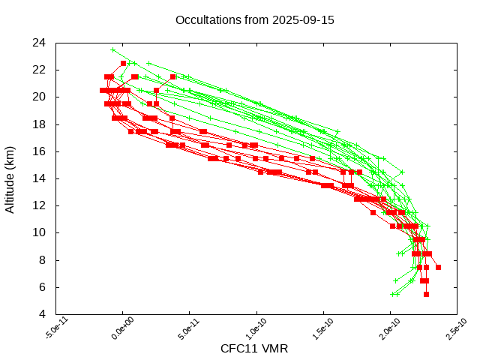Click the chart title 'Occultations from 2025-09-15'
254,19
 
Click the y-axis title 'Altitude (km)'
10,178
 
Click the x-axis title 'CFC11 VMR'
254,349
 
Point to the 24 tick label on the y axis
40,43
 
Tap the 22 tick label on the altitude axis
40,70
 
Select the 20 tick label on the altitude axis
40,97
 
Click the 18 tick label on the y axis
40,124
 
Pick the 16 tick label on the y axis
40,151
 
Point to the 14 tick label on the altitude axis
40,178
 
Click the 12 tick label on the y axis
40,205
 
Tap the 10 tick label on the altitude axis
40,232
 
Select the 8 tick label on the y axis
43,259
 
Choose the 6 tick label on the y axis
43,287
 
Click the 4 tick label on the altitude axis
43,314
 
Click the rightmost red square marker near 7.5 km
438,267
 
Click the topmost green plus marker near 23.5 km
113,50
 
